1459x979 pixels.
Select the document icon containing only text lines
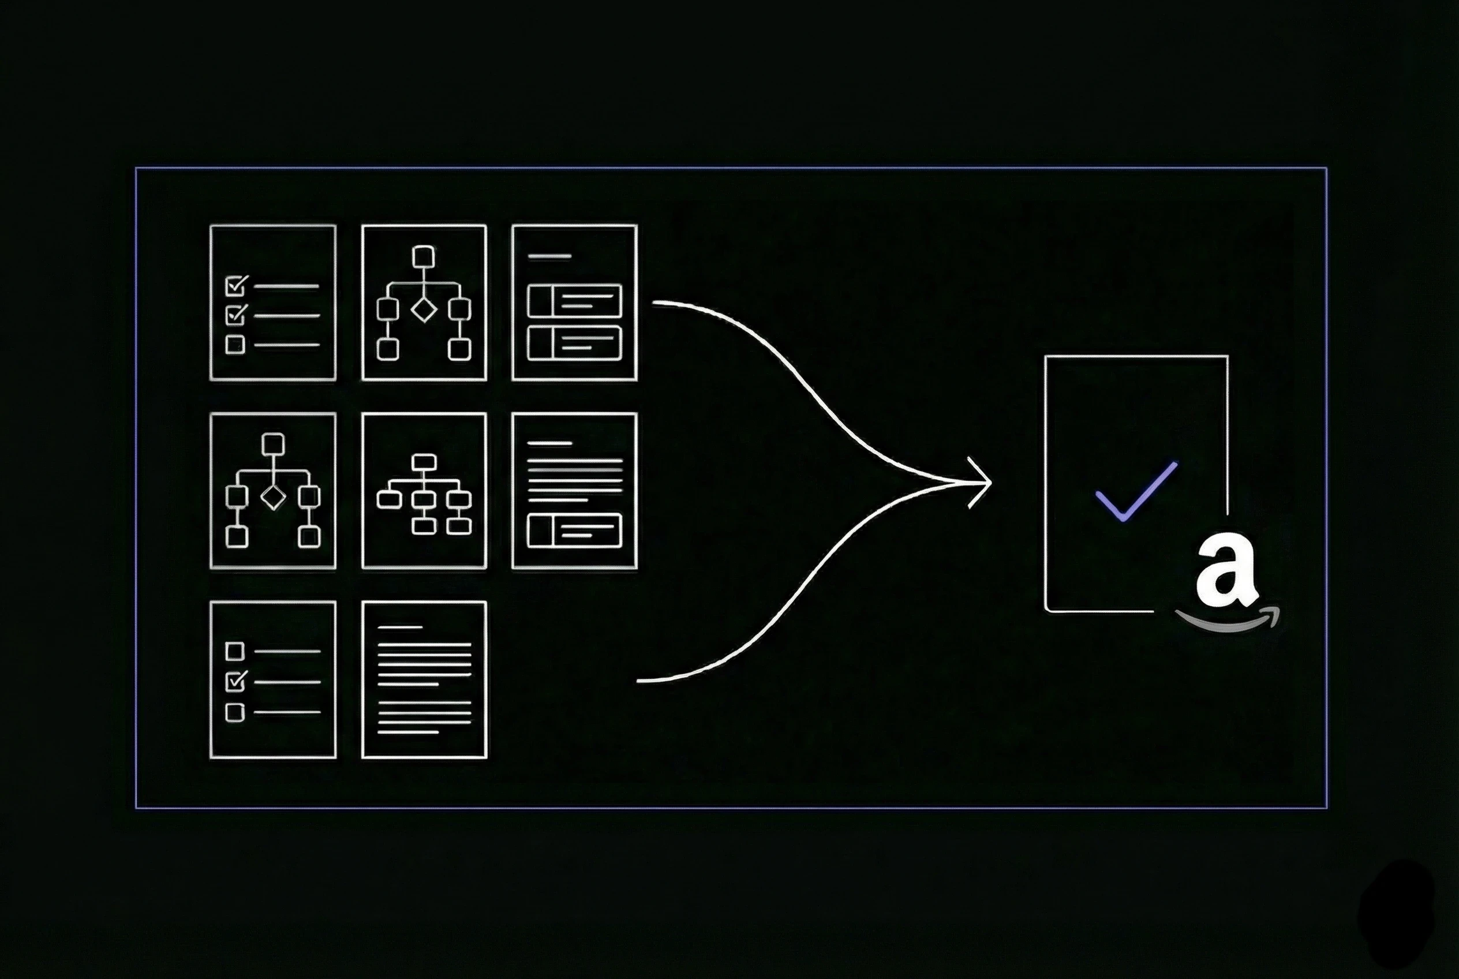click(x=424, y=679)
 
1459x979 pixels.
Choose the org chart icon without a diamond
click(x=424, y=491)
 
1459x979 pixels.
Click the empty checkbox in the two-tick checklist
click(x=235, y=345)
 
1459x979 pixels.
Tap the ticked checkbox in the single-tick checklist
click(x=235, y=681)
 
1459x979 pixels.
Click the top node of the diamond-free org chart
click(x=424, y=462)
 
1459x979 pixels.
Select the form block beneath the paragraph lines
click(x=574, y=530)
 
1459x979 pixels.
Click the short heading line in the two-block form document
click(x=549, y=256)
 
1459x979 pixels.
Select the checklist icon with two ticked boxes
click(x=273, y=302)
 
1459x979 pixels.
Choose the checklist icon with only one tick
click(x=273, y=679)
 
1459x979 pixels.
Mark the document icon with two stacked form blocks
click(x=574, y=302)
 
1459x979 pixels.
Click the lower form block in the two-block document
click(x=574, y=343)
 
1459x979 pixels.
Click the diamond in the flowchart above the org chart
click(x=424, y=309)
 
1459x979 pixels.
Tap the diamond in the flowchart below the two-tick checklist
click(x=273, y=497)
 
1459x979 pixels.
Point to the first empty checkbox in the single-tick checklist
click(x=235, y=651)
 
